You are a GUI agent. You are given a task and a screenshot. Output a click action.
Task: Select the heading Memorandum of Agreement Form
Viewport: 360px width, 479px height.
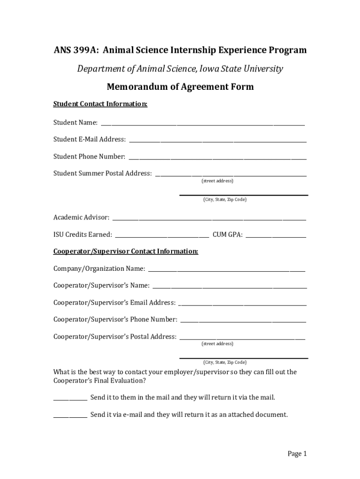point(180,87)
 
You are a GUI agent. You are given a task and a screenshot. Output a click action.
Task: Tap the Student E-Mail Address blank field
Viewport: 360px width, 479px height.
point(218,141)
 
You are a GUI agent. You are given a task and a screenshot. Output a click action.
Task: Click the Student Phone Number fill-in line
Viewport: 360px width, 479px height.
point(218,158)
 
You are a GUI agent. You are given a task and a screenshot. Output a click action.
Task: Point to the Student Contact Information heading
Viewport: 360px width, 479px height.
point(101,104)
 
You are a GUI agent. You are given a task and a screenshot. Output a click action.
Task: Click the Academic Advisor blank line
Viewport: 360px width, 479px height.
point(209,219)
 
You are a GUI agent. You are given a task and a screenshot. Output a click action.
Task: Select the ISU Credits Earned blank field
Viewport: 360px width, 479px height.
point(162,236)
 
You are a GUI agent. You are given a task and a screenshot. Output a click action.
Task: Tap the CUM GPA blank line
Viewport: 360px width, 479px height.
point(276,236)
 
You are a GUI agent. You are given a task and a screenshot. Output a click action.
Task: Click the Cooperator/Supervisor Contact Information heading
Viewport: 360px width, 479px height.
point(126,252)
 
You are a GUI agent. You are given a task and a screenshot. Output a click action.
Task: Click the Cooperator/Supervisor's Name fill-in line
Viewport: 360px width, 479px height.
point(230,287)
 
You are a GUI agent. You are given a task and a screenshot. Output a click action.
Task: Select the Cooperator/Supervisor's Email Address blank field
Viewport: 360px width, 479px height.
point(243,305)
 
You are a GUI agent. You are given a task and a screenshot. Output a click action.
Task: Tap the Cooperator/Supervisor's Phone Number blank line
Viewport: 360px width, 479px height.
point(243,321)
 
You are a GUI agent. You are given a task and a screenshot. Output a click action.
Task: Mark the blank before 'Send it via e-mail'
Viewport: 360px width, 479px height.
point(70,416)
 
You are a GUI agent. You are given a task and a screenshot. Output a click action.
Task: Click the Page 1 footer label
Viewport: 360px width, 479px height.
point(297,454)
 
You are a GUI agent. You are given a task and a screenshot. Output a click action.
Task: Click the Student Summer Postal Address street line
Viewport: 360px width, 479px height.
point(231,175)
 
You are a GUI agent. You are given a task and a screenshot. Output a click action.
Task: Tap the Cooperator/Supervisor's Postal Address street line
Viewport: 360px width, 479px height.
point(243,338)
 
